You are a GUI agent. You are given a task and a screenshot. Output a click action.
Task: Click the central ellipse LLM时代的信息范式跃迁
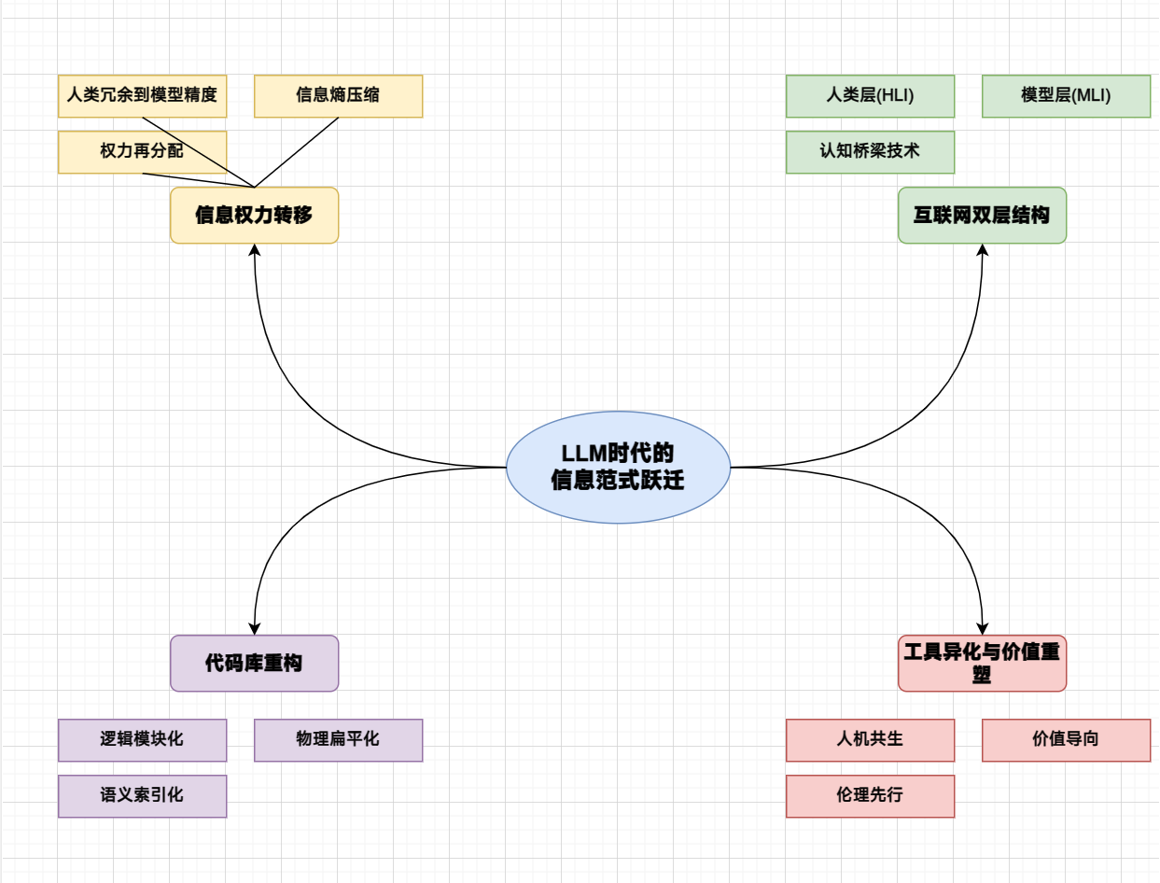pos(618,467)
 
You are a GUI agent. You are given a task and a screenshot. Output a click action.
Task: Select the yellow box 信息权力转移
pos(254,216)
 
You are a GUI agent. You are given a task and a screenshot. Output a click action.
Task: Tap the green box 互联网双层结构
pos(982,216)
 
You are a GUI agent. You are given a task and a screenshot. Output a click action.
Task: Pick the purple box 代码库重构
pos(254,664)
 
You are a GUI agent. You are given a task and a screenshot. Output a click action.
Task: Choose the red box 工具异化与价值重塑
pos(982,664)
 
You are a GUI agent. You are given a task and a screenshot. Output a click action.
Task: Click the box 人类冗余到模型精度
pos(142,96)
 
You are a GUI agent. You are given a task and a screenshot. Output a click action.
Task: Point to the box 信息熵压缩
pos(338,96)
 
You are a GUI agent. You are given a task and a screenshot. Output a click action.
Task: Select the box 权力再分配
pos(142,152)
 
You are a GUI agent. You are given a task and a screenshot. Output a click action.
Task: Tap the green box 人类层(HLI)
pos(870,96)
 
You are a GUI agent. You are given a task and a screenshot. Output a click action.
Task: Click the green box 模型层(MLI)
pos(1066,96)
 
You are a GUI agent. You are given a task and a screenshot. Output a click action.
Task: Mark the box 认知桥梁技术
pos(870,152)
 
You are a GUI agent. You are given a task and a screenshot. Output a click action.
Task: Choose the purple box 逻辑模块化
pos(142,740)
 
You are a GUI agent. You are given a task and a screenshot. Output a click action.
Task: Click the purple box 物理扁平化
pos(338,740)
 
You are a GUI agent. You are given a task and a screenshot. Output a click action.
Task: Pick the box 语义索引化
pos(142,796)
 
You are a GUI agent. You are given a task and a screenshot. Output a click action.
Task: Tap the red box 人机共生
pos(870,740)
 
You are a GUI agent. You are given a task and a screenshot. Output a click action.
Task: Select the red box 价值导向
pos(1066,740)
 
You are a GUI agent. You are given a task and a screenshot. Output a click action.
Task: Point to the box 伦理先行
pos(870,796)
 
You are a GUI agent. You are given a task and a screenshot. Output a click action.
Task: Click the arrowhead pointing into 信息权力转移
pos(254,250)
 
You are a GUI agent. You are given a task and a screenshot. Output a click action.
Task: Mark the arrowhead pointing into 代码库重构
pos(254,629)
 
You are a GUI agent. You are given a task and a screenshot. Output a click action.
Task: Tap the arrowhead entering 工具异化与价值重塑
pos(982,629)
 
